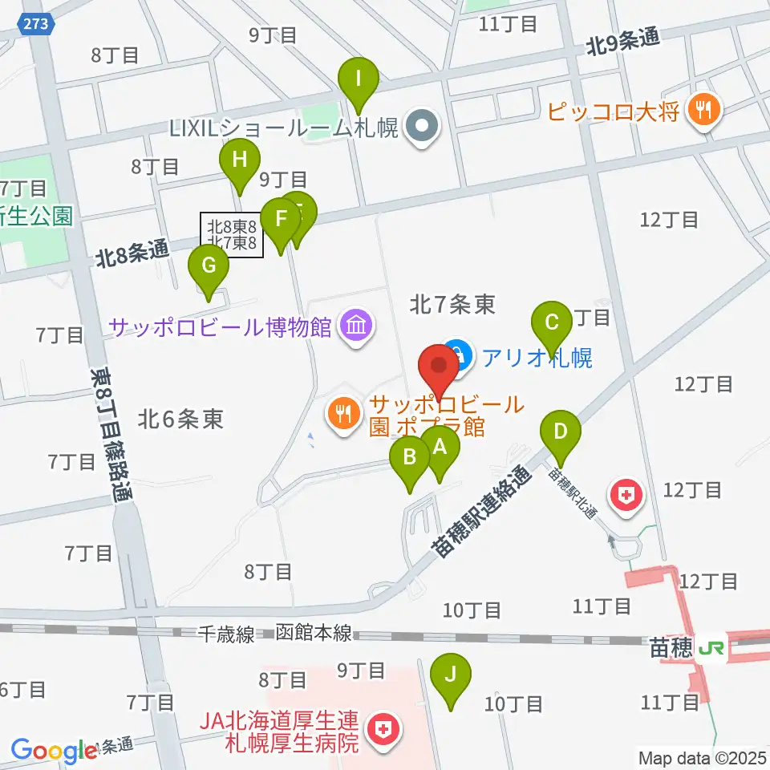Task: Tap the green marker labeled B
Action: point(410,460)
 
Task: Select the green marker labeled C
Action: point(552,323)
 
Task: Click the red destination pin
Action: point(440,367)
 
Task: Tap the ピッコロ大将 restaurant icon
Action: point(703,110)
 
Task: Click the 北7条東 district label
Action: point(452,303)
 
